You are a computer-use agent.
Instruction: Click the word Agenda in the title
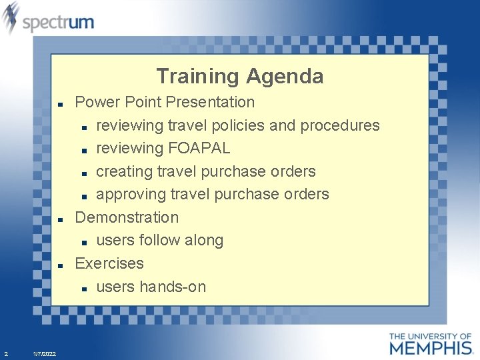click(285, 77)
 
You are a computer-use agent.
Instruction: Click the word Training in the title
click(198, 77)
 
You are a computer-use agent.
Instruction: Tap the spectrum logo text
click(58, 23)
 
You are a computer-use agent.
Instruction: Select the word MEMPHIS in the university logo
click(431, 347)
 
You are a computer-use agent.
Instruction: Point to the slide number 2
click(6, 353)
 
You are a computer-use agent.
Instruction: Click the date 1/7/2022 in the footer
click(45, 353)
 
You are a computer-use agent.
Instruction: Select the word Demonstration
click(127, 217)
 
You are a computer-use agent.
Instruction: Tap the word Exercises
click(109, 263)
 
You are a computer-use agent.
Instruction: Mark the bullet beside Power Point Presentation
click(60, 104)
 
